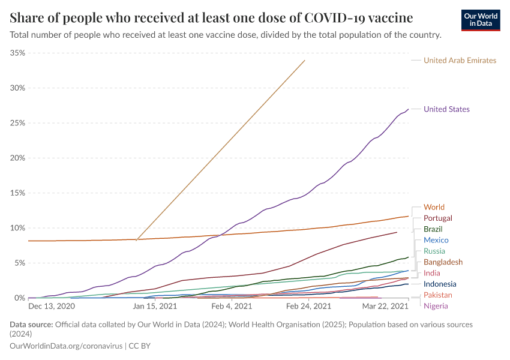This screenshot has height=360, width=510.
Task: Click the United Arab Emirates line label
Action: (x=460, y=60)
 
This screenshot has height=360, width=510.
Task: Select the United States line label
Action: (x=446, y=109)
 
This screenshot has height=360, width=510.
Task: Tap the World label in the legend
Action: (x=434, y=207)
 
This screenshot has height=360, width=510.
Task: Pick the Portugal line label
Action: (x=437, y=218)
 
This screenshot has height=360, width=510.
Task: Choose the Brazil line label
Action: (x=433, y=229)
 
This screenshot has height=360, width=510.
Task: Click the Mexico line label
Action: (x=436, y=240)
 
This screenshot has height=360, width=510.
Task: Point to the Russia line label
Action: (x=434, y=251)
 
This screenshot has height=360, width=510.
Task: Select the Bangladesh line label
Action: (x=443, y=262)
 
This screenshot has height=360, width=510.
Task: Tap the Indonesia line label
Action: (x=440, y=284)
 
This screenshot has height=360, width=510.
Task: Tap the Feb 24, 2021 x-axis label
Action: (x=308, y=306)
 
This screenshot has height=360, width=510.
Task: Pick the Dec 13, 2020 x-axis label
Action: (x=51, y=306)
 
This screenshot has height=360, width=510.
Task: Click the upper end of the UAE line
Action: (x=305, y=60)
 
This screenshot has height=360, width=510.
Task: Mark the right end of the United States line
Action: (x=408, y=109)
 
